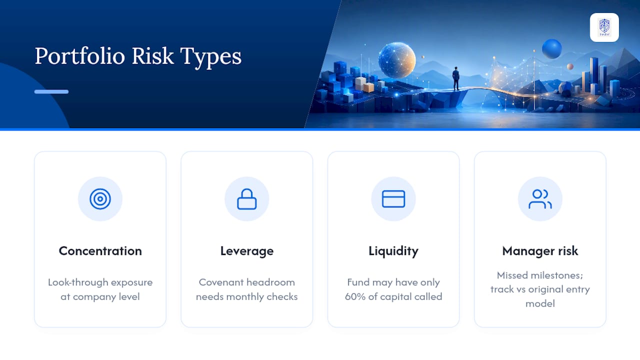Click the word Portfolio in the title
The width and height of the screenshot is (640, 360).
point(79,56)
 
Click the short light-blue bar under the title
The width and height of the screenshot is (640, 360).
point(51,91)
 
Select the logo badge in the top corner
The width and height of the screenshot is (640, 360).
point(604,27)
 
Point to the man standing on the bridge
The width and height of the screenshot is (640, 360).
point(456,78)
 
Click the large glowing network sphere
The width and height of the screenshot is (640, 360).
point(397,60)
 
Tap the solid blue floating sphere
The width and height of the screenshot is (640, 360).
point(551,49)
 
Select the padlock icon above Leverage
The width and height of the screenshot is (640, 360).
point(247,199)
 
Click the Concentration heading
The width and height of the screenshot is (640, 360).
point(100,251)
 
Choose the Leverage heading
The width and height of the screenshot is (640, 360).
point(247,251)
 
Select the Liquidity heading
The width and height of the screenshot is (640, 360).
point(393,251)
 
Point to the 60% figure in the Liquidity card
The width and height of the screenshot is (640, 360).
point(355,296)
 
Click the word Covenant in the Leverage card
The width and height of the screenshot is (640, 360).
point(218,282)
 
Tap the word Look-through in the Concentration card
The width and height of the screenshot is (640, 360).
point(78,282)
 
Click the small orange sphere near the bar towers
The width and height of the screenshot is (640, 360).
point(570,66)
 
